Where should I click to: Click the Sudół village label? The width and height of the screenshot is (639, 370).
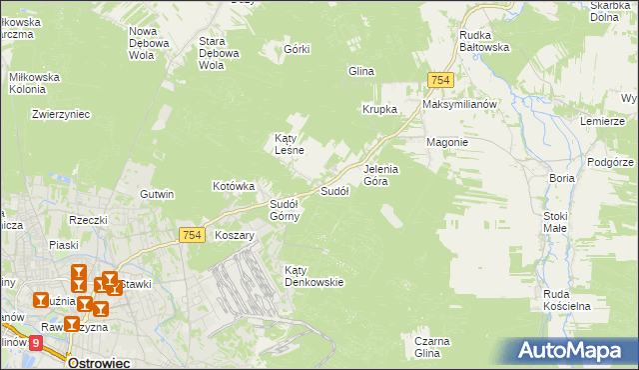(x=333, y=190)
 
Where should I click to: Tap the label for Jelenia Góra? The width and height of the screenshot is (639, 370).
(x=381, y=175)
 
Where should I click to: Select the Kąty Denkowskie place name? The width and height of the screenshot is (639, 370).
(x=314, y=276)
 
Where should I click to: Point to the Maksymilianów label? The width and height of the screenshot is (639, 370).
(x=459, y=104)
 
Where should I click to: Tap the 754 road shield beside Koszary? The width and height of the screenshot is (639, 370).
(x=194, y=235)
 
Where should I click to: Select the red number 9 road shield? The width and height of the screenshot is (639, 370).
(x=37, y=343)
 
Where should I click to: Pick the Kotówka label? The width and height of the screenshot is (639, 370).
(x=235, y=186)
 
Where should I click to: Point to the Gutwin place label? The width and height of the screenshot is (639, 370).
(x=158, y=194)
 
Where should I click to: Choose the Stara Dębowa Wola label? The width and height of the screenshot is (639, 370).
(x=219, y=53)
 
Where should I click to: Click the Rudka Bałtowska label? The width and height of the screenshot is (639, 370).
(x=484, y=40)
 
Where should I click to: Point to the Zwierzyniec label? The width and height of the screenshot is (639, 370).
(x=62, y=114)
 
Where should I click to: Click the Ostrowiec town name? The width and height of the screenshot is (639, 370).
(x=99, y=363)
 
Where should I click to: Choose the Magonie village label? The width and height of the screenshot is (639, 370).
(x=447, y=142)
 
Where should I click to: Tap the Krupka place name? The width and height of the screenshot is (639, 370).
(x=380, y=109)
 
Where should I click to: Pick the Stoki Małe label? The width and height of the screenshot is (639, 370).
(x=555, y=222)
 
